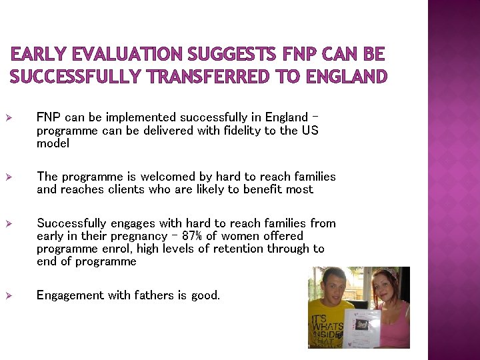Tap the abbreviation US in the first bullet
pyautogui.click(x=310, y=131)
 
